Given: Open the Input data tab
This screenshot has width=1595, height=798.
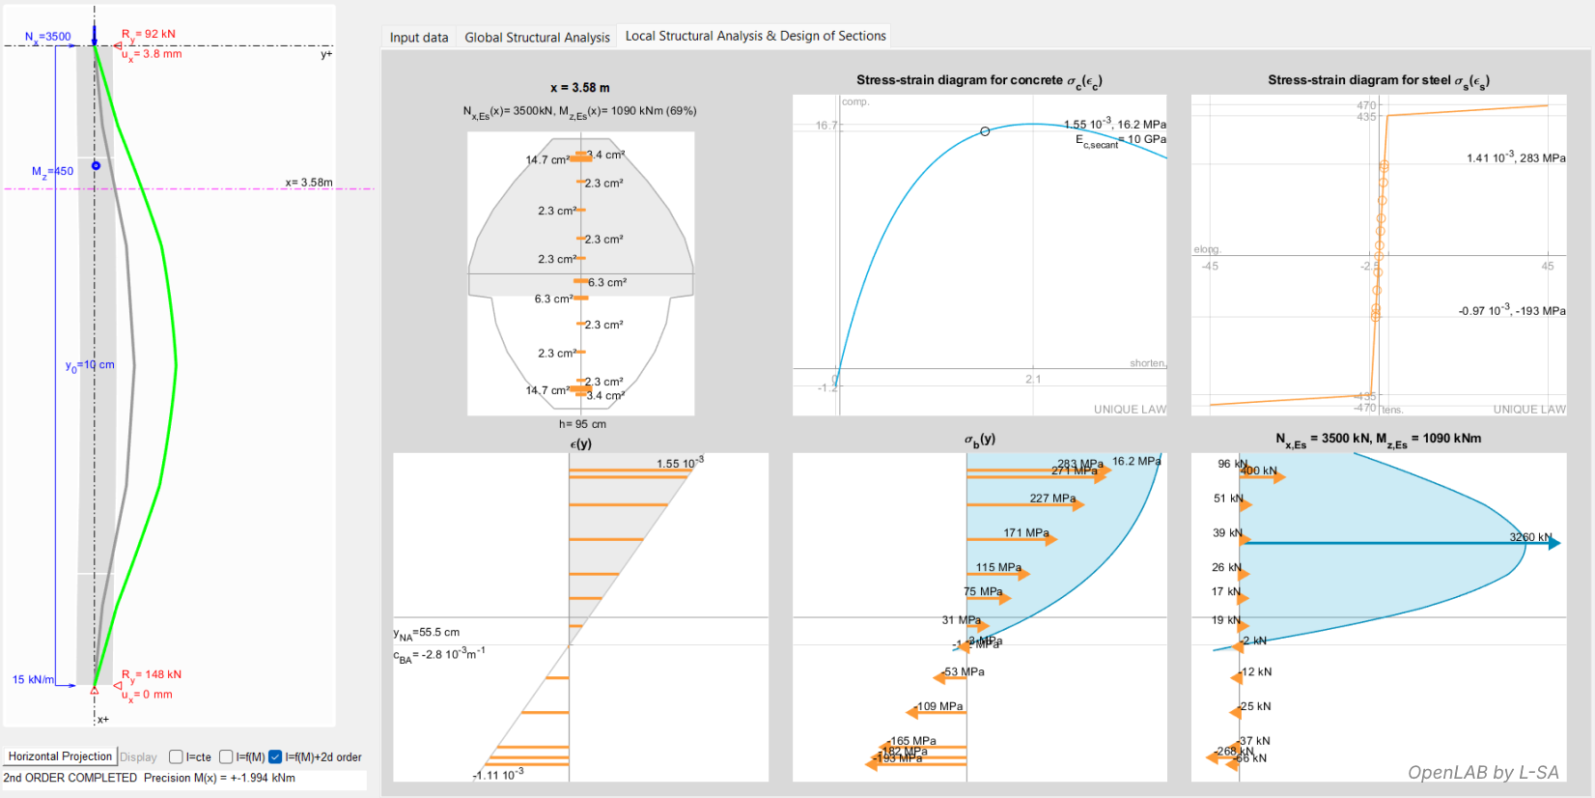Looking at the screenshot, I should pyautogui.click(x=419, y=38).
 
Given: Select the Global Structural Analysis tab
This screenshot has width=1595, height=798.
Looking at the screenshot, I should pyautogui.click(x=537, y=38).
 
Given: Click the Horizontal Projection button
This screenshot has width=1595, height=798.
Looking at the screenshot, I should pyautogui.click(x=60, y=756).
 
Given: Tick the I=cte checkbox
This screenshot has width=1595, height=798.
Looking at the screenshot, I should pyautogui.click(x=176, y=757).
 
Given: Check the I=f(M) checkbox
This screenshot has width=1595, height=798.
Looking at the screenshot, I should pyautogui.click(x=226, y=757).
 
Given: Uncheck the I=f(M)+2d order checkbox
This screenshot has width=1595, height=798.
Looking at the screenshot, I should pyautogui.click(x=275, y=757).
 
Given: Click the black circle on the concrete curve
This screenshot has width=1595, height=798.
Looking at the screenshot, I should pyautogui.click(x=985, y=131).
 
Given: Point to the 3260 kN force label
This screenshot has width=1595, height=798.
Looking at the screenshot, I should pyautogui.click(x=1529, y=537).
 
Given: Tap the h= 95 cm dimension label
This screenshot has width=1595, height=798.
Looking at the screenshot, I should pyautogui.click(x=582, y=424).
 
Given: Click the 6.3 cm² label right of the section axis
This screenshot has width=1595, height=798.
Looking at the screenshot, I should pyautogui.click(x=607, y=283).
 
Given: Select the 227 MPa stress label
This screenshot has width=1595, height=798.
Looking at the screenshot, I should pyautogui.click(x=1052, y=499).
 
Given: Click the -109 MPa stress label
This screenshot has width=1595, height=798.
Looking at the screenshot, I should pyautogui.click(x=939, y=706).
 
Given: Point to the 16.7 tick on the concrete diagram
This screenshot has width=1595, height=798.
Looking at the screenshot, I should pyautogui.click(x=825, y=126).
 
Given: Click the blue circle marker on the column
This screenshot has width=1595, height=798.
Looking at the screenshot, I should pyautogui.click(x=96, y=166).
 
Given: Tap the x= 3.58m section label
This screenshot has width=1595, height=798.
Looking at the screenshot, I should pyautogui.click(x=309, y=183).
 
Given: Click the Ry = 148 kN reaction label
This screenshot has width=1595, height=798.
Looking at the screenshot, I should pyautogui.click(x=152, y=674).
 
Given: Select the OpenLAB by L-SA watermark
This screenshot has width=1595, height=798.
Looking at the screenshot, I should pyautogui.click(x=1483, y=772).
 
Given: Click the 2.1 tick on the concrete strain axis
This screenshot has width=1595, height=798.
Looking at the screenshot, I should pyautogui.click(x=1033, y=379).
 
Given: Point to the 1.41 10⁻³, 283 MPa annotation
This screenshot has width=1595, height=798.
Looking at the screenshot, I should pyautogui.click(x=1516, y=158).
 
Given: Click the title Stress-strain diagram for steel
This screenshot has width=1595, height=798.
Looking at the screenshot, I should pyautogui.click(x=1378, y=81).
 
